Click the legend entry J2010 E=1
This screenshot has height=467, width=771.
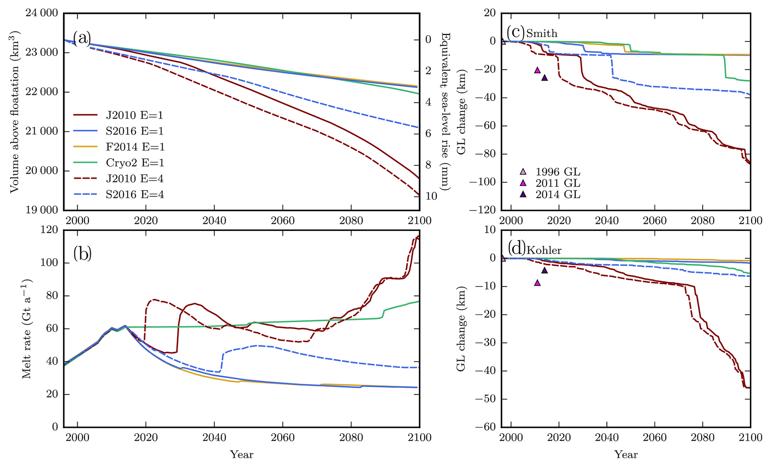pyautogui.click(x=135, y=115)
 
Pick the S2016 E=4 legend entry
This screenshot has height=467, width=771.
pyautogui.click(x=135, y=195)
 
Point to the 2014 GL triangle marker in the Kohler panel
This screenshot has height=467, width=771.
pyautogui.click(x=544, y=270)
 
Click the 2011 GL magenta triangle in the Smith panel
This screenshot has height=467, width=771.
pyautogui.click(x=537, y=70)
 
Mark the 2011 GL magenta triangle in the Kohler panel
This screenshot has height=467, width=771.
pyautogui.click(x=537, y=283)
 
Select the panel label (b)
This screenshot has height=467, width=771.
pyautogui.click(x=82, y=254)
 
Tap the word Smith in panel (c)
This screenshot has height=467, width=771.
pyautogui.click(x=542, y=34)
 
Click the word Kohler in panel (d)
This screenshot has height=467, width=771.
pyautogui.click(x=544, y=250)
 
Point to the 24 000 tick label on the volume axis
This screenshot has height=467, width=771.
pyautogui.click(x=42, y=13)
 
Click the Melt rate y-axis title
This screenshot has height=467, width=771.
pyautogui.click(x=27, y=329)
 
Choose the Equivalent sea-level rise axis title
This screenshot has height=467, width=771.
pyautogui.click(x=446, y=111)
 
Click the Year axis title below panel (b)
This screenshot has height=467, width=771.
pyautogui.click(x=242, y=454)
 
